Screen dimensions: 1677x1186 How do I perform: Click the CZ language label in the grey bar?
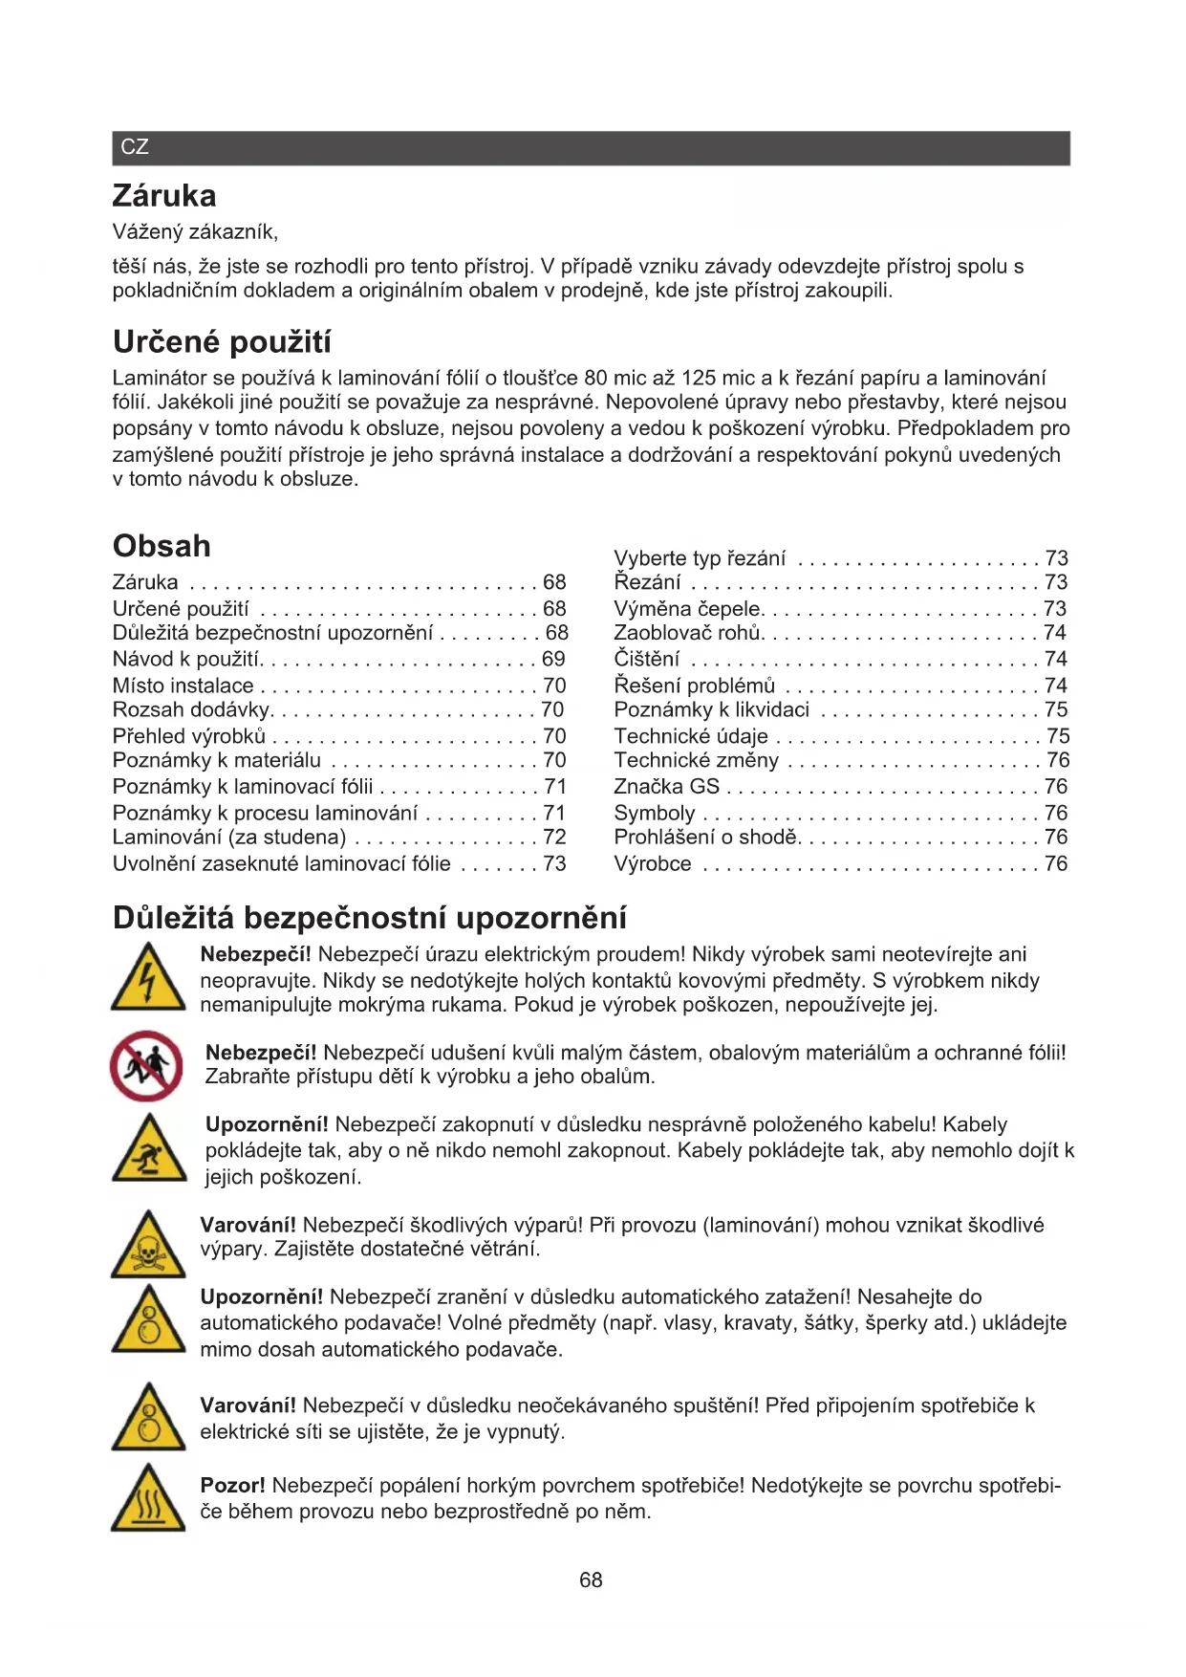tap(135, 147)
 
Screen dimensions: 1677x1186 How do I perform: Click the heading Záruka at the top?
tap(164, 196)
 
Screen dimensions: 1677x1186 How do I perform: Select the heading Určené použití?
tap(222, 342)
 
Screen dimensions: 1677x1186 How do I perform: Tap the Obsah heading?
tap(162, 546)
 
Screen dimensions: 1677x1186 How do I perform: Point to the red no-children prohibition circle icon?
tap(146, 1065)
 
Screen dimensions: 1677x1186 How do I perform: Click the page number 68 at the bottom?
tap(591, 1580)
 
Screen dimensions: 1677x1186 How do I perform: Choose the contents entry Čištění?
tap(647, 659)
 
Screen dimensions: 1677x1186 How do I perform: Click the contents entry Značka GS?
tap(666, 787)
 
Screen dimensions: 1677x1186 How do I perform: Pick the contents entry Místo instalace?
tap(183, 686)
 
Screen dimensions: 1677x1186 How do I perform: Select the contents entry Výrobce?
tap(653, 863)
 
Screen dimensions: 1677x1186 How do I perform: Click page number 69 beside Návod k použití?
tap(553, 659)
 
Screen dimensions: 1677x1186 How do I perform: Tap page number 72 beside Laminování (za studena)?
tap(554, 838)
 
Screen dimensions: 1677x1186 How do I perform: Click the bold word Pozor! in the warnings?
tap(232, 1486)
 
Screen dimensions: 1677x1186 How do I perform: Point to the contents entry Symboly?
tap(655, 813)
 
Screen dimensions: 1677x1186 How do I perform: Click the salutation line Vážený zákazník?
tap(195, 232)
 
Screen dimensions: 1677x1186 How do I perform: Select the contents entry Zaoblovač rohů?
tap(688, 633)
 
